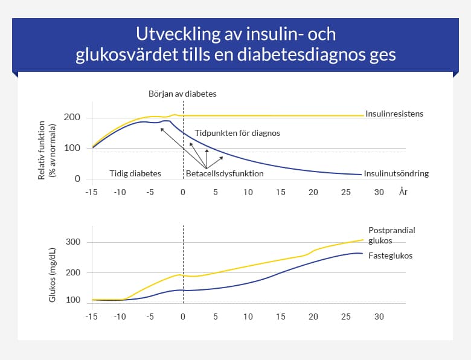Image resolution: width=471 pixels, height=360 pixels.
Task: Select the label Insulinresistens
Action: point(394,113)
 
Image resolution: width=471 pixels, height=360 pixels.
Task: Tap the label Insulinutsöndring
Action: point(396,173)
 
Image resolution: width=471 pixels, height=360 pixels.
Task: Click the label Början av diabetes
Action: point(182,94)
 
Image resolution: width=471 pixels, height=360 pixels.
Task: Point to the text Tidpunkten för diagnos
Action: point(237,132)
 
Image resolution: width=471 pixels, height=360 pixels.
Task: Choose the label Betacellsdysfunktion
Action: point(225,173)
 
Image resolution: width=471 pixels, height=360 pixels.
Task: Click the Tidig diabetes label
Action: point(135,173)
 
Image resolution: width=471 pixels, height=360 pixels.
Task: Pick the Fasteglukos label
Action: point(390,256)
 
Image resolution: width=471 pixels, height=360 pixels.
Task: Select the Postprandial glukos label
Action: point(392,235)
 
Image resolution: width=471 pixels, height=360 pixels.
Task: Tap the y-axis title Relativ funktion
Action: point(42,147)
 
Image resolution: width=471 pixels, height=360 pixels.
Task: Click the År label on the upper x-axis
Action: point(403,192)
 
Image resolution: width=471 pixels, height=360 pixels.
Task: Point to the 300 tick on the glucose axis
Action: point(73,242)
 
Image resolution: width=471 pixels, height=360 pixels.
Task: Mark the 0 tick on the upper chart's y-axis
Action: point(77,179)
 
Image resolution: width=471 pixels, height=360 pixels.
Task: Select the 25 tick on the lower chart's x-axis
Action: point(345,317)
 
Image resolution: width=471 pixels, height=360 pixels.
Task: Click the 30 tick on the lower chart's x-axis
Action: point(379,317)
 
